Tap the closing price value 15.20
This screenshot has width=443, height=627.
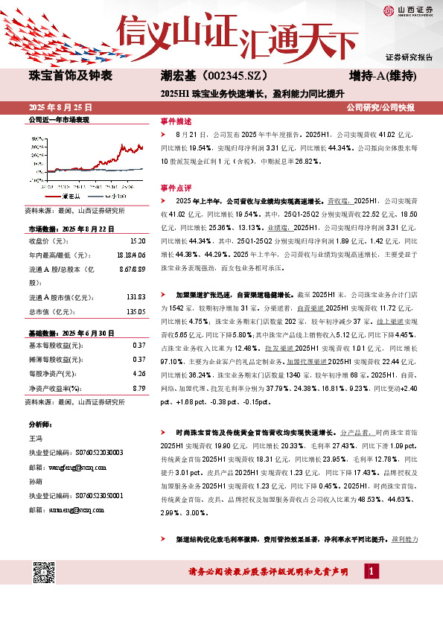(137, 241)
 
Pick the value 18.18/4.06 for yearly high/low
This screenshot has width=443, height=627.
(132, 255)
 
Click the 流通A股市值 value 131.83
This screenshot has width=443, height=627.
(134, 298)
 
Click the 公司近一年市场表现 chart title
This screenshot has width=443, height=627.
(58, 119)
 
